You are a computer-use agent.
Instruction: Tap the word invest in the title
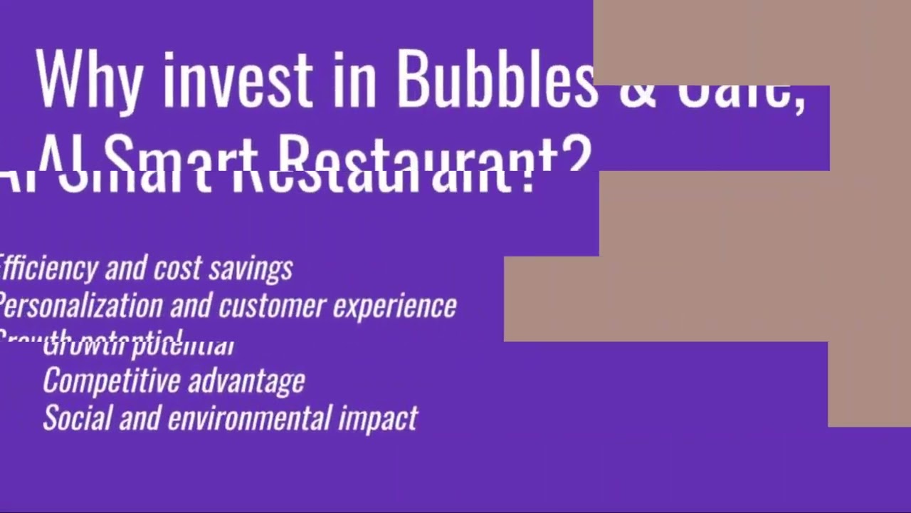pos(237,78)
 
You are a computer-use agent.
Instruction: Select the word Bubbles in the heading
pos(496,78)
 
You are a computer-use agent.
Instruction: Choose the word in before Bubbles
pos(354,78)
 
